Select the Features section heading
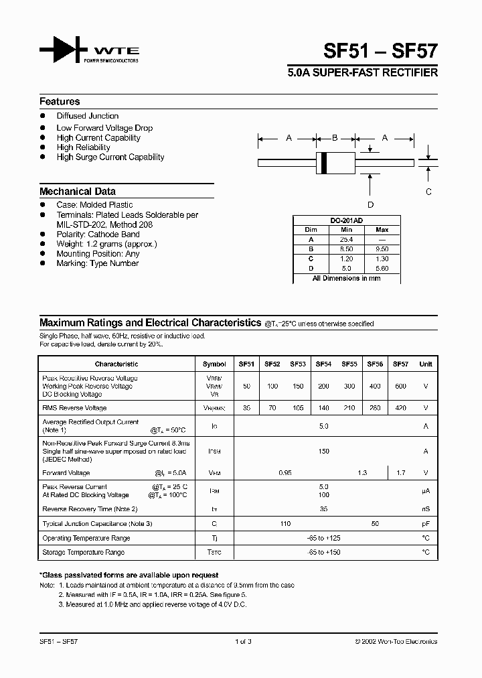point(60,102)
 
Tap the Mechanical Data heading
point(78,191)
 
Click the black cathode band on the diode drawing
point(325,163)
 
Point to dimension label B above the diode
point(335,138)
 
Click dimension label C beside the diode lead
point(428,191)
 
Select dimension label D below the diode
point(370,204)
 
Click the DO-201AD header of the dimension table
point(346,220)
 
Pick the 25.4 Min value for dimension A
point(346,239)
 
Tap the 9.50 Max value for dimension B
point(382,249)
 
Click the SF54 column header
point(324,364)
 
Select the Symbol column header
point(214,364)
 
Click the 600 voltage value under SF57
point(400,387)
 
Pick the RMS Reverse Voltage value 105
point(298,408)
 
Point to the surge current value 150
point(324,452)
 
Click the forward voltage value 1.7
point(400,473)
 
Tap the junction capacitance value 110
point(285,524)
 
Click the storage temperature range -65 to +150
point(324,553)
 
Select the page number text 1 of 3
point(243,642)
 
